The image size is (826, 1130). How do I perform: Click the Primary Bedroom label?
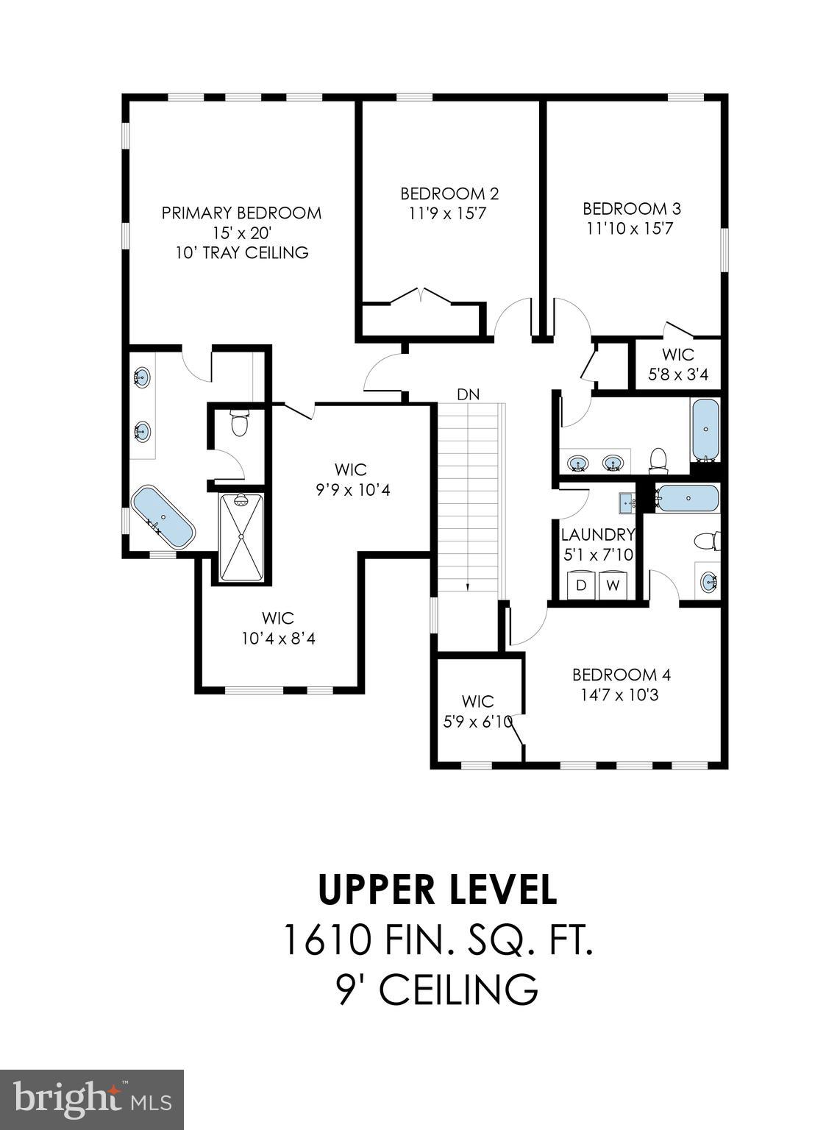pyautogui.click(x=241, y=213)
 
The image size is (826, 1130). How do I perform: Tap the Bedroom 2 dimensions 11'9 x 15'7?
pyautogui.click(x=449, y=214)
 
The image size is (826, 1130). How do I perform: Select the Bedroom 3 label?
pyautogui.click(x=632, y=208)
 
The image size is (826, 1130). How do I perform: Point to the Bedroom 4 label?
pyautogui.click(x=621, y=675)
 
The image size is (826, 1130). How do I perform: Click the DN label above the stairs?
pyautogui.click(x=468, y=394)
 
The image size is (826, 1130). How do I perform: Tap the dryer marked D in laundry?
pyautogui.click(x=580, y=586)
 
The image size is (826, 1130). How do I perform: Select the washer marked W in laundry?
pyautogui.click(x=612, y=586)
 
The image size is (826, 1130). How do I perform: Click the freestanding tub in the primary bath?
pyautogui.click(x=163, y=517)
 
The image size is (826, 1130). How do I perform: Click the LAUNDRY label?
pyautogui.click(x=597, y=535)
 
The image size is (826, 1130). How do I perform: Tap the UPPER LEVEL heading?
pyautogui.click(x=437, y=889)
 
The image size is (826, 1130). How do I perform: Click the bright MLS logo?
pyautogui.click(x=92, y=1099)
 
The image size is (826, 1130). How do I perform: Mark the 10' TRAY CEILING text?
pyautogui.click(x=241, y=253)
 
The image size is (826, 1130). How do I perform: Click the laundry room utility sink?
pyautogui.click(x=627, y=502)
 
